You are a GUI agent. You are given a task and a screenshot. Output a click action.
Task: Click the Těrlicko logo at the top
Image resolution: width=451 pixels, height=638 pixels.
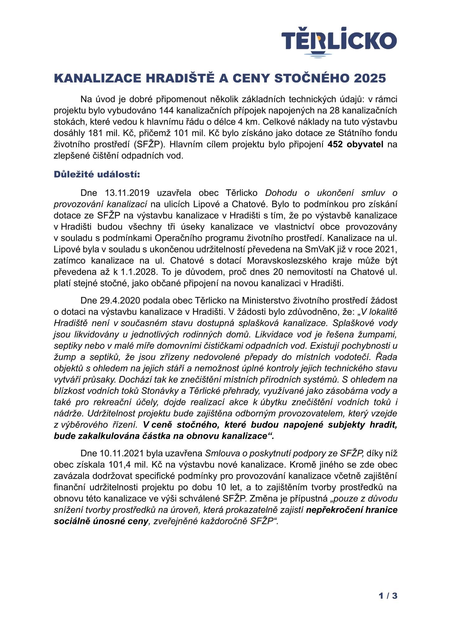point(339,42)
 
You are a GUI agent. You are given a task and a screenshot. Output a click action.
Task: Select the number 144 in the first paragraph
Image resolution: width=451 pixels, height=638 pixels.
point(168,111)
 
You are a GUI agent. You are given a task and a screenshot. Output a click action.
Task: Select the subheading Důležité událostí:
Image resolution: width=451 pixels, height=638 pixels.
point(97,174)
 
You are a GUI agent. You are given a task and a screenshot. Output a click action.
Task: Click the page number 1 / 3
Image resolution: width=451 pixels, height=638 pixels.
point(388,596)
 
